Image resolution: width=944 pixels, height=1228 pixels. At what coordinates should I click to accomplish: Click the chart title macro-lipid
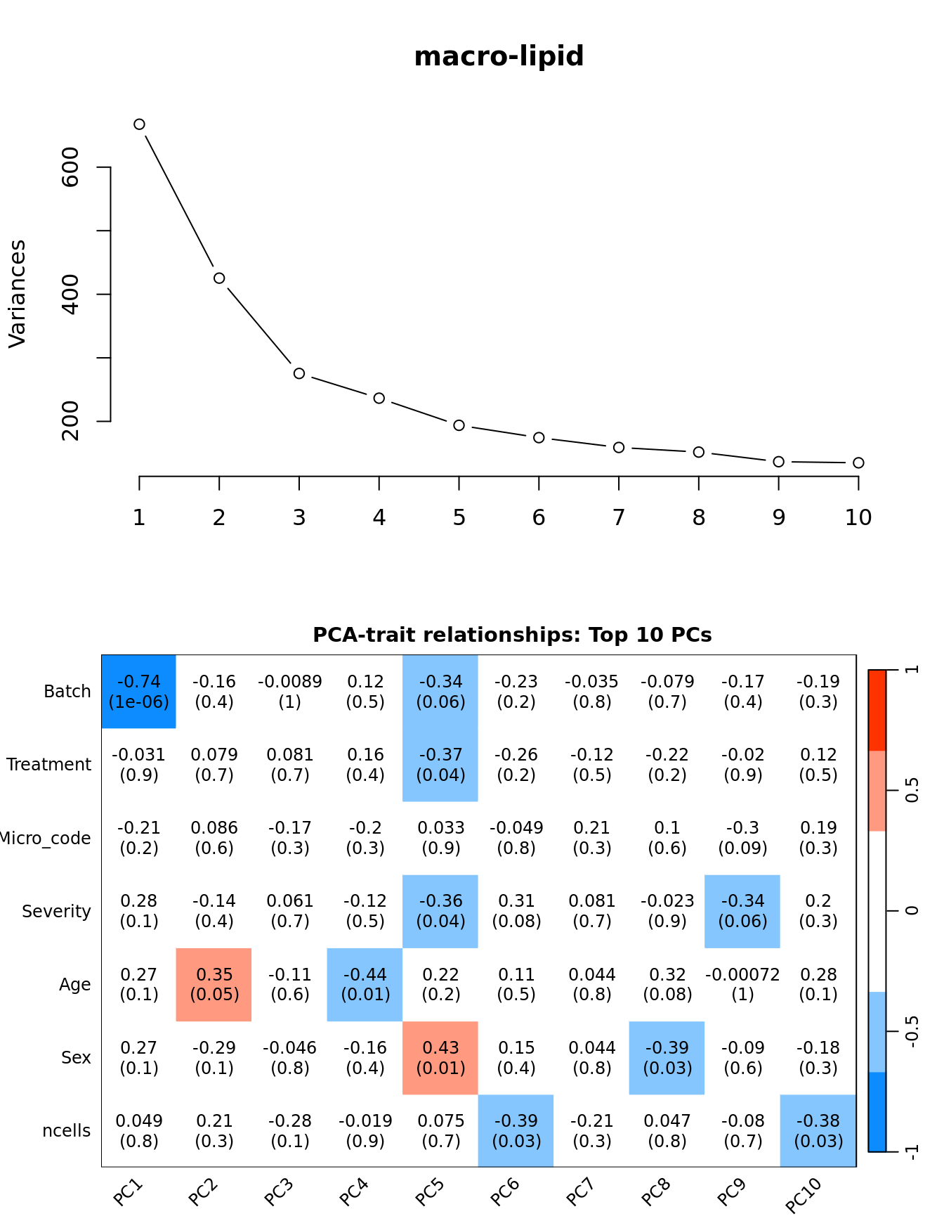499,56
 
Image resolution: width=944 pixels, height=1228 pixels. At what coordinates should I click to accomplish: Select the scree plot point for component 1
139,124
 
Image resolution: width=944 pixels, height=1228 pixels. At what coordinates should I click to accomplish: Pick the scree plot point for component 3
299,373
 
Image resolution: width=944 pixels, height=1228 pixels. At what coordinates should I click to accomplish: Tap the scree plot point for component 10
858,463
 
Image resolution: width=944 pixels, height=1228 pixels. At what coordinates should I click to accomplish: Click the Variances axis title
17,294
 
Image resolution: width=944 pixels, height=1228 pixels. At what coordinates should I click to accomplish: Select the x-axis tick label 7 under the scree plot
619,518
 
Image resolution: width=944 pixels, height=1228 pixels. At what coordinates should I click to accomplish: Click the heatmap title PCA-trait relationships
512,635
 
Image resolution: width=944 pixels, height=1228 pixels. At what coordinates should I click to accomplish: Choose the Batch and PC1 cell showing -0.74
139,692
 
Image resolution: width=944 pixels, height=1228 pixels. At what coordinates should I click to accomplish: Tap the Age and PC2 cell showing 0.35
214,984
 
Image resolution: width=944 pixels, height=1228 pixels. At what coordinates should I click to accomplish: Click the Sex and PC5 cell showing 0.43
440,1057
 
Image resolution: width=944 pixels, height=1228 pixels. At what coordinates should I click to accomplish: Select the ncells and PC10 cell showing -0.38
818,1130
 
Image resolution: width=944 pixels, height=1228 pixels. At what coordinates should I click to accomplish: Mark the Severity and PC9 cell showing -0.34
742,911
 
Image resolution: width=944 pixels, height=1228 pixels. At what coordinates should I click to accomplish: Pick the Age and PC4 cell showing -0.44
365,984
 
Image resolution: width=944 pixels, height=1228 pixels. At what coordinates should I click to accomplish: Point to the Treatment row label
49,765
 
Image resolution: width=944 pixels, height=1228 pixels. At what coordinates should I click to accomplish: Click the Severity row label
57,912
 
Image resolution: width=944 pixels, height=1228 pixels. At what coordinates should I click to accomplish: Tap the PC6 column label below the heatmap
505,1191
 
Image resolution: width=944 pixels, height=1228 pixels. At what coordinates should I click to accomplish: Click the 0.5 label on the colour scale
912,790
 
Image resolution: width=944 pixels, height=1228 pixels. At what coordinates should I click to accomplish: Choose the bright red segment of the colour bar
877,710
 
